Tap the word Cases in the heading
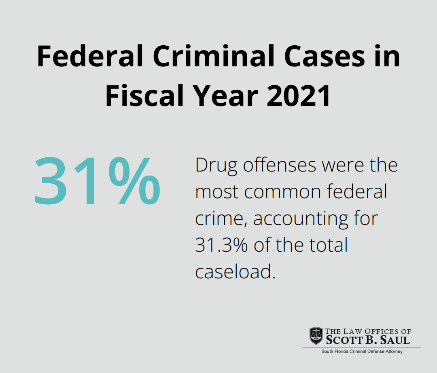coord(310,57)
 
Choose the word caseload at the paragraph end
coord(235,272)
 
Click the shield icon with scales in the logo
coord(316,336)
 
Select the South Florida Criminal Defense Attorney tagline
coord(362,352)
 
